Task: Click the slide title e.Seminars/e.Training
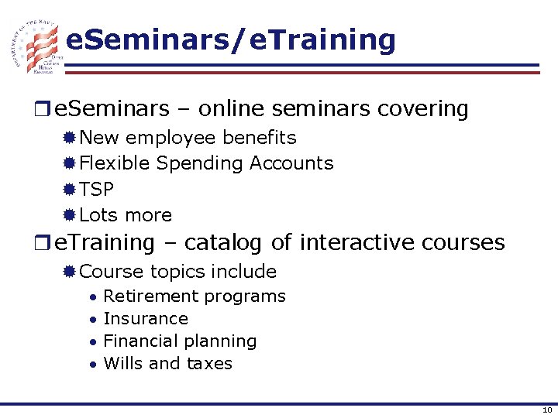pos(230,39)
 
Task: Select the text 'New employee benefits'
pos(188,138)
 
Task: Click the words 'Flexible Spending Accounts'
pos(206,163)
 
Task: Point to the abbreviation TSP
pos(96,189)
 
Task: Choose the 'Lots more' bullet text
pos(126,214)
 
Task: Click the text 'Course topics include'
pos(177,272)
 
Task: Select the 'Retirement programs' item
pos(194,296)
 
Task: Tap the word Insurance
pos(145,319)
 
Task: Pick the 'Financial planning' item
pos(179,341)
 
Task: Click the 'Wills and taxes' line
pos(167,364)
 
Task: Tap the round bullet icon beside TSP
pos(69,190)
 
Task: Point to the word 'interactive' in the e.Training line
pos(357,243)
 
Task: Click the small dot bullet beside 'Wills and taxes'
pos(92,365)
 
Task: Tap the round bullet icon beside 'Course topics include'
pos(69,272)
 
